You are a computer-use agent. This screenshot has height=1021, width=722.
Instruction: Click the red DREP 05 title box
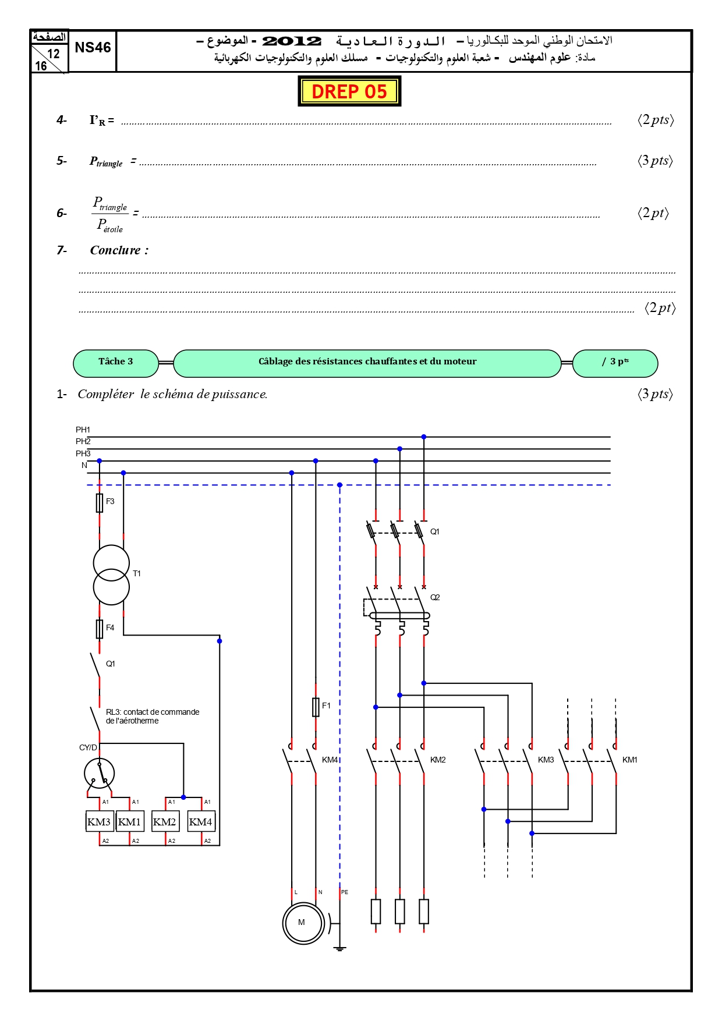pyautogui.click(x=349, y=91)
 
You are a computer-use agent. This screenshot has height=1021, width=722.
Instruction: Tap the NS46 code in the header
pyautogui.click(x=93, y=48)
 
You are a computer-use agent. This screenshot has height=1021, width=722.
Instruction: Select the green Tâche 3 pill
pyautogui.click(x=116, y=363)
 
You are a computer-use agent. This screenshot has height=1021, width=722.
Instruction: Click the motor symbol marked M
pyautogui.click(x=303, y=923)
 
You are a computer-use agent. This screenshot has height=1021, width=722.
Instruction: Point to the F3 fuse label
pyautogui.click(x=110, y=501)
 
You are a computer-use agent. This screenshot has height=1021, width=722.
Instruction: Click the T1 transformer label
pyautogui.click(x=137, y=573)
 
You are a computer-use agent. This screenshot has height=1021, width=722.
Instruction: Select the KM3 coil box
pyautogui.click(x=100, y=822)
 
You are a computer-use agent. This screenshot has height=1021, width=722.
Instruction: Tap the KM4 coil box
pyautogui.click(x=201, y=822)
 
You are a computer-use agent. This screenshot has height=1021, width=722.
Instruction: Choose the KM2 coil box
pyautogui.click(x=165, y=822)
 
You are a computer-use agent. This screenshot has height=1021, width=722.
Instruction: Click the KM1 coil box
pyautogui.click(x=130, y=822)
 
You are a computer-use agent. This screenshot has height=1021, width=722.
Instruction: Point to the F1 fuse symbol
pyautogui.click(x=316, y=707)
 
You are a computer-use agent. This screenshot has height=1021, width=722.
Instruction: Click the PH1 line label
pyautogui.click(x=83, y=430)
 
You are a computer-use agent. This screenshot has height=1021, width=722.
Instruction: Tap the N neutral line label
pyautogui.click(x=84, y=465)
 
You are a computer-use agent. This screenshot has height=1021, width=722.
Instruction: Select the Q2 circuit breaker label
pyautogui.click(x=435, y=597)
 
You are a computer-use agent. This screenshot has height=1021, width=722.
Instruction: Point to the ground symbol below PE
pyautogui.click(x=340, y=948)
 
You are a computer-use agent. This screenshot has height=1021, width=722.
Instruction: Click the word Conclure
pyautogui.click(x=115, y=250)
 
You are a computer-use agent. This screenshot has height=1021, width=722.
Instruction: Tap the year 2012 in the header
pyautogui.click(x=292, y=41)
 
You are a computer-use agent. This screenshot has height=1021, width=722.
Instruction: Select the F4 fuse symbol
pyautogui.click(x=100, y=629)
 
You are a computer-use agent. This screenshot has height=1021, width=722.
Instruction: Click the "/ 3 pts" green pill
pyautogui.click(x=615, y=363)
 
